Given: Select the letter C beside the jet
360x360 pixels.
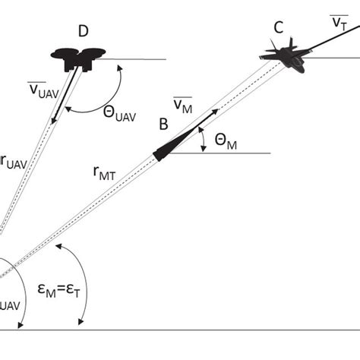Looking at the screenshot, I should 279,28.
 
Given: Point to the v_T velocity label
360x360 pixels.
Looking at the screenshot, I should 339,23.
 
